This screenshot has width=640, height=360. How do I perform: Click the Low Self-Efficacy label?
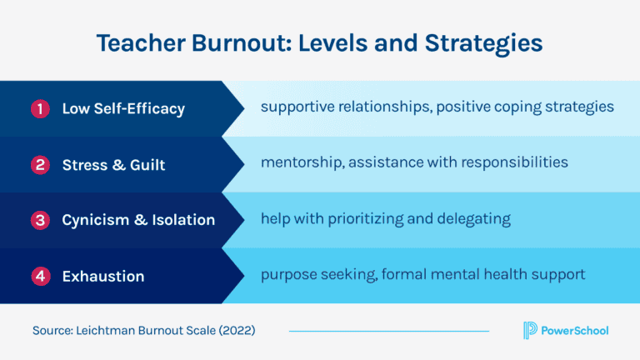tap(123, 109)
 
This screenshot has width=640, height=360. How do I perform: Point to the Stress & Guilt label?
tap(113, 165)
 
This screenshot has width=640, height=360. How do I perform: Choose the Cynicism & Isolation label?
tap(138, 220)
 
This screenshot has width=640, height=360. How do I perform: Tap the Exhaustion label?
tap(103, 276)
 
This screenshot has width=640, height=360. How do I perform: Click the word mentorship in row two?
tap(299, 162)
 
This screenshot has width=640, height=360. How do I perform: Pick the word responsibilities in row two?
tap(511, 162)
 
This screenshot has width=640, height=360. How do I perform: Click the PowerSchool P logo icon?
tap(529, 330)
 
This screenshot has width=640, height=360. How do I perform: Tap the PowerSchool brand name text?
tap(575, 331)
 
